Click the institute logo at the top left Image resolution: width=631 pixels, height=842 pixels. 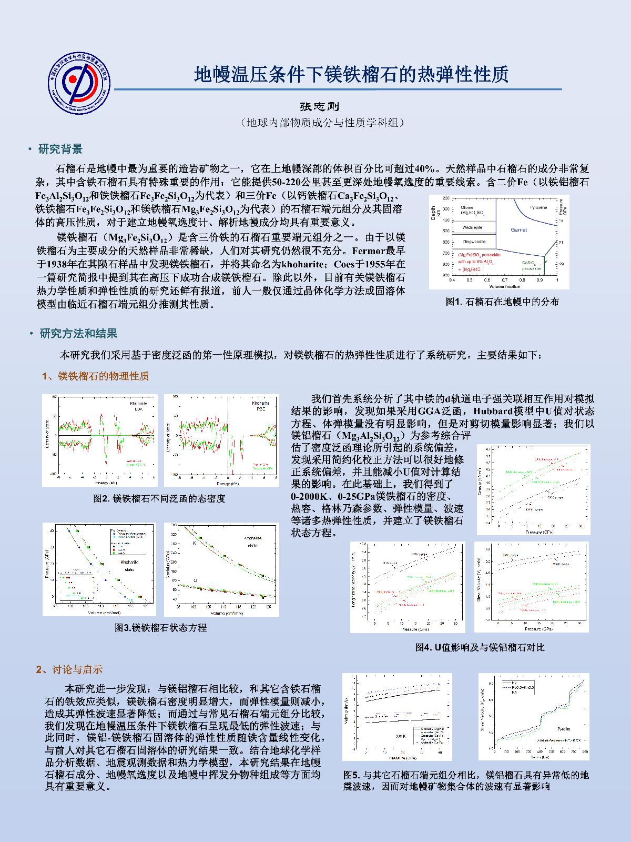point(78,82)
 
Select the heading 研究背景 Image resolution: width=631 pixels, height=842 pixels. point(60,149)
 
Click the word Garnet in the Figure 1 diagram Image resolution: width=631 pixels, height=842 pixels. point(518,230)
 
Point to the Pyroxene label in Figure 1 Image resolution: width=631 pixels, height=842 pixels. point(538,208)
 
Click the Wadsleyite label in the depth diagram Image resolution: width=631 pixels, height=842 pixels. point(473,227)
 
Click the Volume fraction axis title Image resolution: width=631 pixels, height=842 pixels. point(504,286)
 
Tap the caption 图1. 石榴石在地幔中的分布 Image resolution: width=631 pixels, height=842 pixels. point(502,302)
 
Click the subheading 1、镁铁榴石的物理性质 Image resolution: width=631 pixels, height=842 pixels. point(95,376)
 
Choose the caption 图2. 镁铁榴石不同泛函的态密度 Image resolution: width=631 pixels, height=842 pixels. point(159,498)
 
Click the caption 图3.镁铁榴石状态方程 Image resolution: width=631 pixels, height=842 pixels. point(161,627)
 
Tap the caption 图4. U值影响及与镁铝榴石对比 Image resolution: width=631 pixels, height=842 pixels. point(480,647)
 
